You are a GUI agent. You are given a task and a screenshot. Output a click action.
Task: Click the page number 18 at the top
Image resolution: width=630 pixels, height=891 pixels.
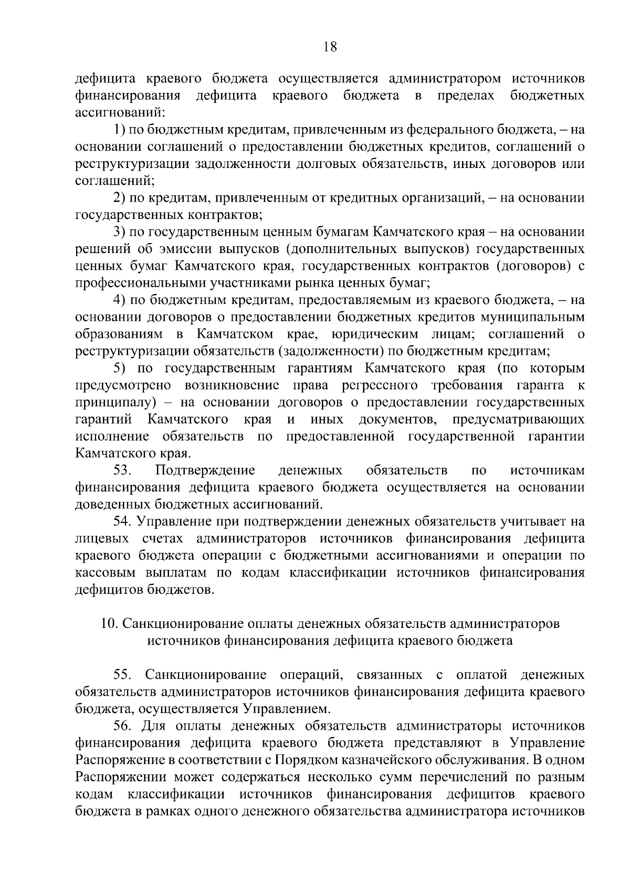(330, 47)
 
